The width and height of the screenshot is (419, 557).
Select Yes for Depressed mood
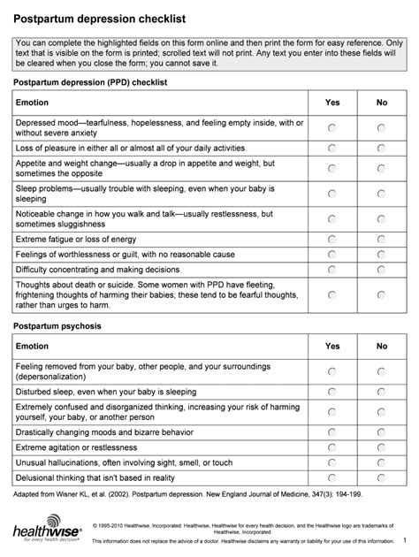pyautogui.click(x=332, y=127)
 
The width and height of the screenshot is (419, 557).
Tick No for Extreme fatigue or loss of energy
pyautogui.click(x=382, y=240)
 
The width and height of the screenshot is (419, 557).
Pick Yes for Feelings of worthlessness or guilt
pyautogui.click(x=332, y=255)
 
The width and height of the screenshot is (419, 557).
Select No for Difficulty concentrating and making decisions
pyautogui.click(x=382, y=270)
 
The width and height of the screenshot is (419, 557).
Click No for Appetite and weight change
pyautogui.click(x=382, y=169)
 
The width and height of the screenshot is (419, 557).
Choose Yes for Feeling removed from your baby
pyautogui.click(x=332, y=370)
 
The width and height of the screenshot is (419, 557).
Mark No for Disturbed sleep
pyautogui.click(x=382, y=391)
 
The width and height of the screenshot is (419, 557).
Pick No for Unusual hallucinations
pyautogui.click(x=382, y=462)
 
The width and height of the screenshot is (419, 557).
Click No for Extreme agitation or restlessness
pyautogui.click(x=382, y=447)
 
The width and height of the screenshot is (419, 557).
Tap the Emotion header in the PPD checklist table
pyautogui.click(x=36, y=103)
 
